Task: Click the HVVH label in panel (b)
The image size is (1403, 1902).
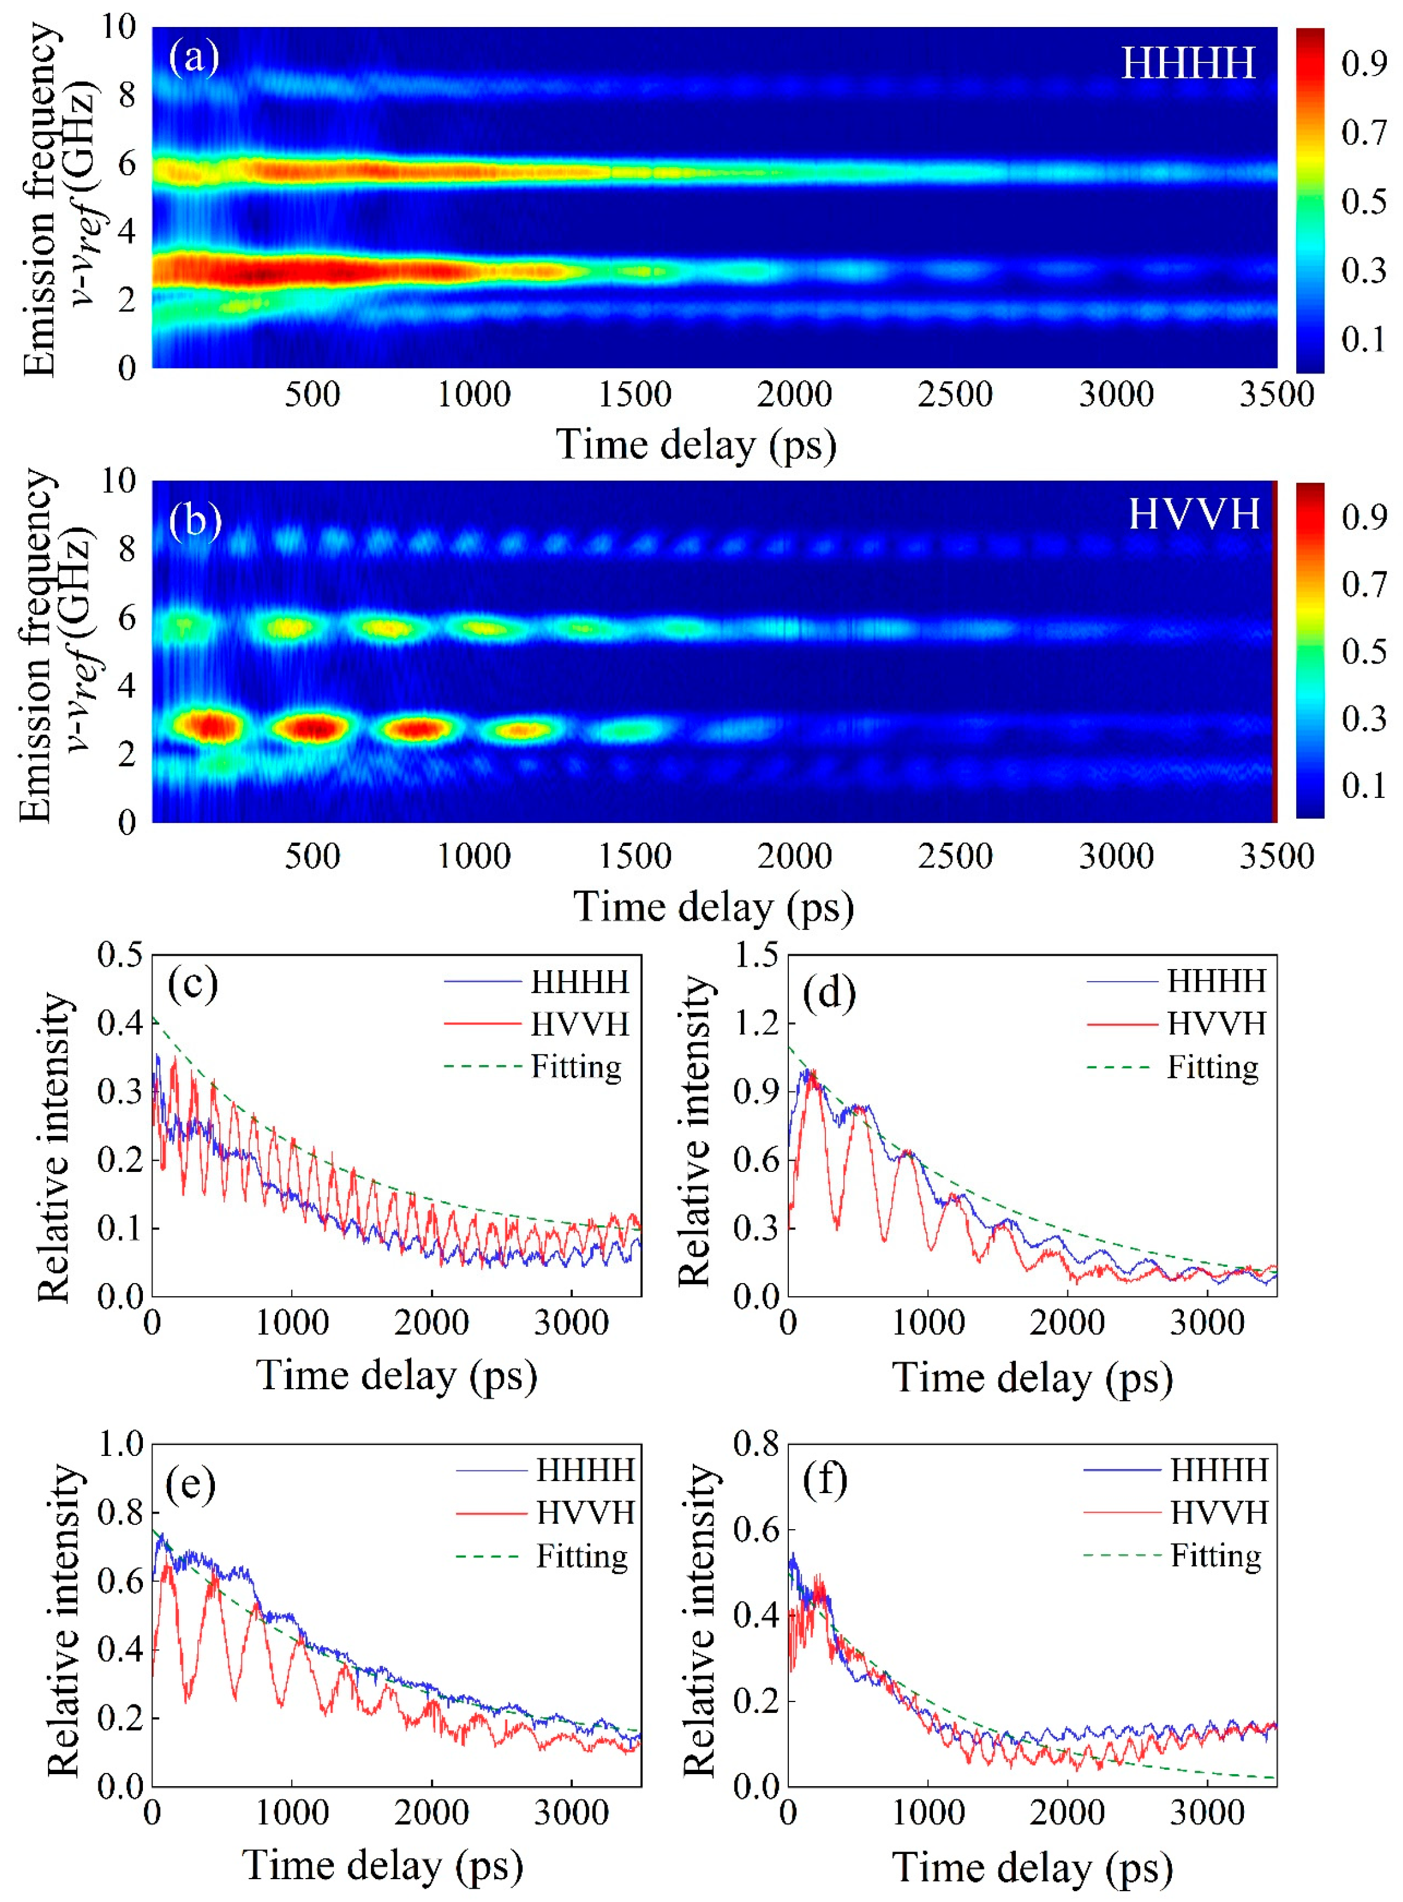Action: click(x=1193, y=515)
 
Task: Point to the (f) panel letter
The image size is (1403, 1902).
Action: click(x=825, y=1482)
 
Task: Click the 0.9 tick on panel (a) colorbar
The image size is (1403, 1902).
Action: click(x=1364, y=64)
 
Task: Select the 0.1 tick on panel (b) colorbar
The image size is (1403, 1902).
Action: click(x=1364, y=785)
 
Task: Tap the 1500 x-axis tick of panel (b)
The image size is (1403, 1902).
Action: click(x=635, y=856)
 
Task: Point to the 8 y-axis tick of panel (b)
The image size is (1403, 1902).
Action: click(x=127, y=549)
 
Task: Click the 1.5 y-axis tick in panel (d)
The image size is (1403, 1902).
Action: click(x=756, y=955)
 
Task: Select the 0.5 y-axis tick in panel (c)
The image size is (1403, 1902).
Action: click(x=119, y=955)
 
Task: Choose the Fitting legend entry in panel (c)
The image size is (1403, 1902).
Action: click(x=576, y=1066)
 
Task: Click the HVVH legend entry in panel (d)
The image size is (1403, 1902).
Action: click(x=1215, y=1024)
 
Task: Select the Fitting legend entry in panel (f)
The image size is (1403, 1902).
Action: click(x=1215, y=1556)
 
